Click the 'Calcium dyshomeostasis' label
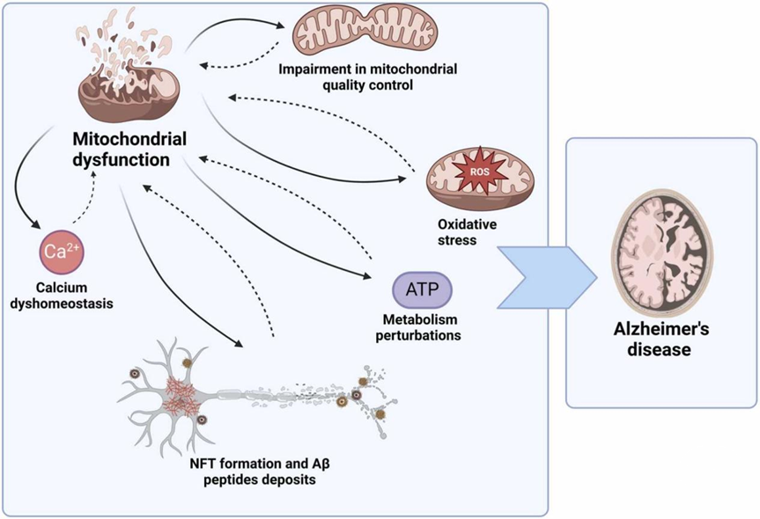point(60,296)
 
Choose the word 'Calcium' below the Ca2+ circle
point(60,288)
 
